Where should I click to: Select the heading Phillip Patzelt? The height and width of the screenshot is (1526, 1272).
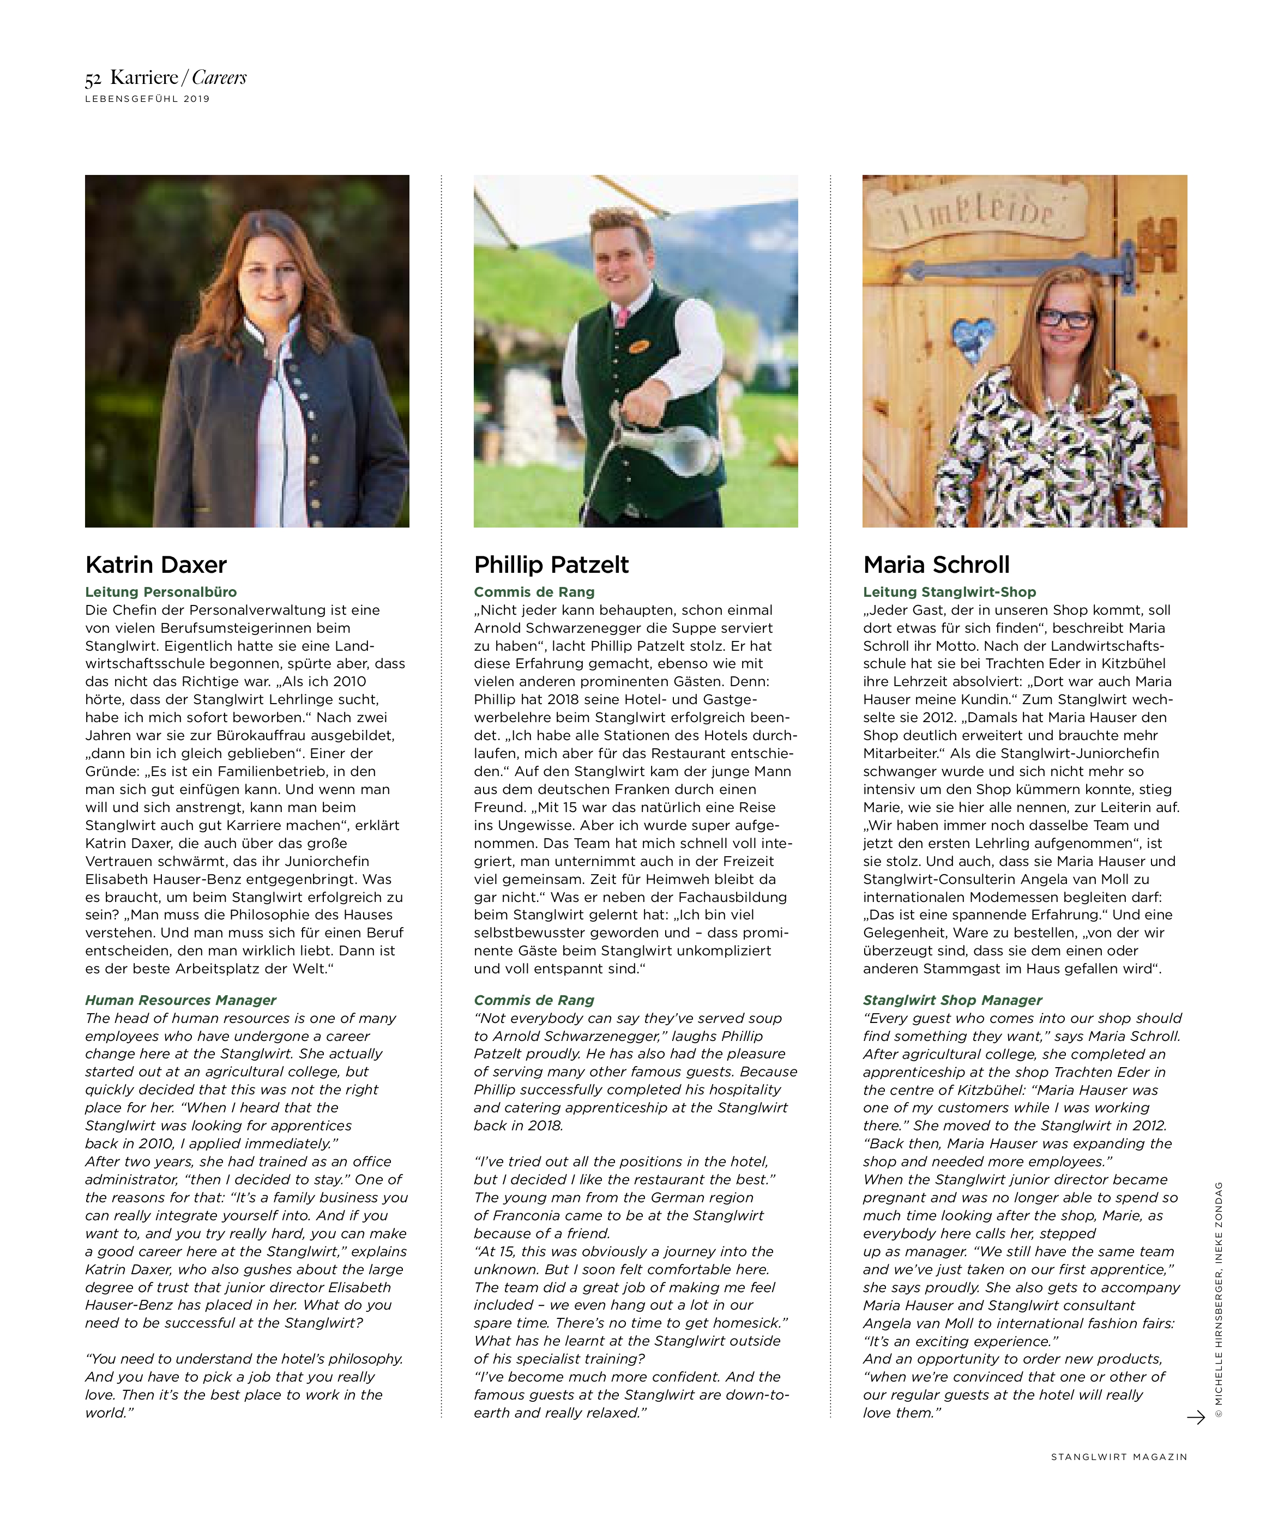[x=551, y=565]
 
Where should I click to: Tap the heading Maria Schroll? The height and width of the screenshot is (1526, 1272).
[x=936, y=565]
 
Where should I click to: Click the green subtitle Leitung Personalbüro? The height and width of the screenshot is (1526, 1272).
[x=161, y=592]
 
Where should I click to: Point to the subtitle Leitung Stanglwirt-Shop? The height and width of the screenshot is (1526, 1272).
[x=949, y=592]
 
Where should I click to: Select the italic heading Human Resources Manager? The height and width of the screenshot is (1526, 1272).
[x=180, y=1000]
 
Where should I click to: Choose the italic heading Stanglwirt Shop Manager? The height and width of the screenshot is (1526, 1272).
[x=952, y=1000]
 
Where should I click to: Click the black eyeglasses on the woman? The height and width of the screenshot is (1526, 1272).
[x=1065, y=318]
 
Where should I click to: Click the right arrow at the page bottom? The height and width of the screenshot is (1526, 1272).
[x=1195, y=1417]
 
